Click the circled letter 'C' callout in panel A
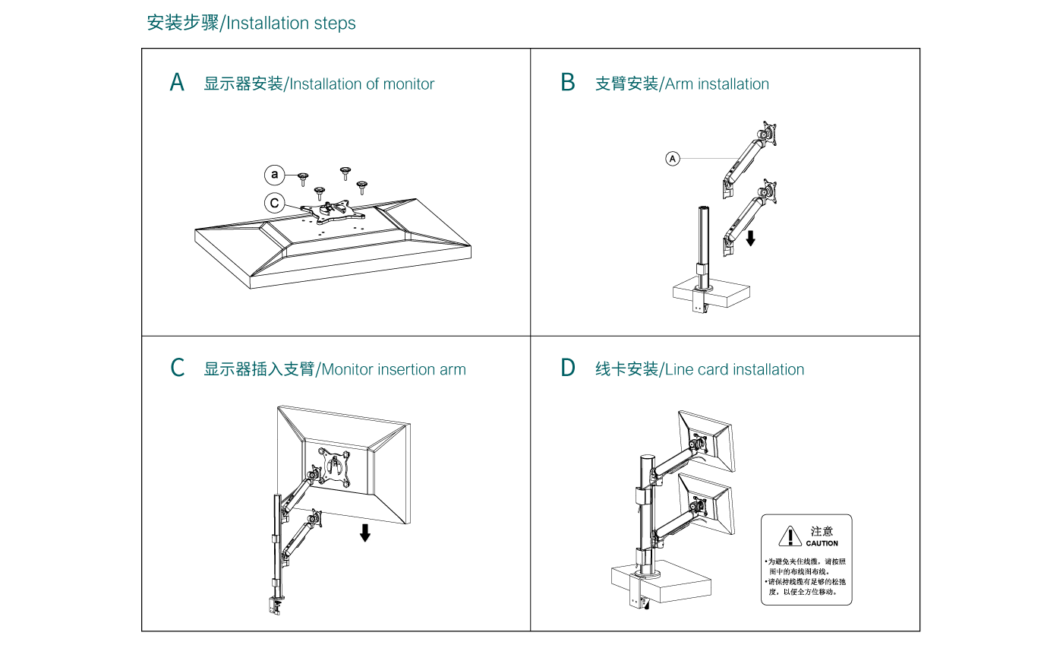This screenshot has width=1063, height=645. click(x=275, y=204)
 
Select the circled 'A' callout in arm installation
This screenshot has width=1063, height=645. click(x=673, y=158)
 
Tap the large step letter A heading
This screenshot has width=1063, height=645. click(x=177, y=83)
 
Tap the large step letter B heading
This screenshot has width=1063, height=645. click(x=567, y=83)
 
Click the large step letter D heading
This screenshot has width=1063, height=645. click(x=568, y=368)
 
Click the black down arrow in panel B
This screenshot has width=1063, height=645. click(x=750, y=238)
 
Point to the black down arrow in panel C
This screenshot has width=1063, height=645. click(x=365, y=532)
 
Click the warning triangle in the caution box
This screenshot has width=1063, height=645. click(x=790, y=536)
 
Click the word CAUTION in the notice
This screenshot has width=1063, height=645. click(x=822, y=543)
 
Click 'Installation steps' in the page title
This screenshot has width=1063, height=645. click(x=291, y=23)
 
